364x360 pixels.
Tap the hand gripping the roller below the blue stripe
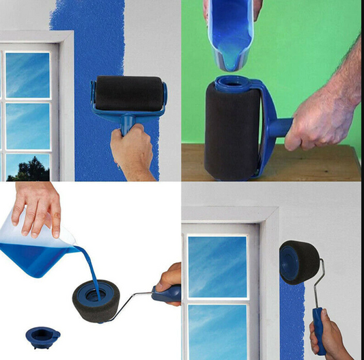132,150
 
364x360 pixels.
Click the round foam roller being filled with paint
96,304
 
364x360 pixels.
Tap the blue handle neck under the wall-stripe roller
128,123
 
